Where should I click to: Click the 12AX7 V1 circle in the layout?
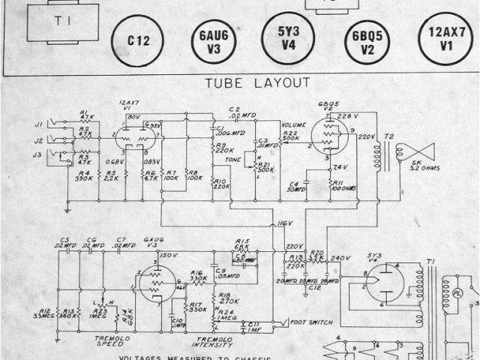[445, 40]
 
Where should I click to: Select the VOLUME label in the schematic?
[292, 124]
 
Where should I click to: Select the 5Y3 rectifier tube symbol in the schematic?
[391, 283]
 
